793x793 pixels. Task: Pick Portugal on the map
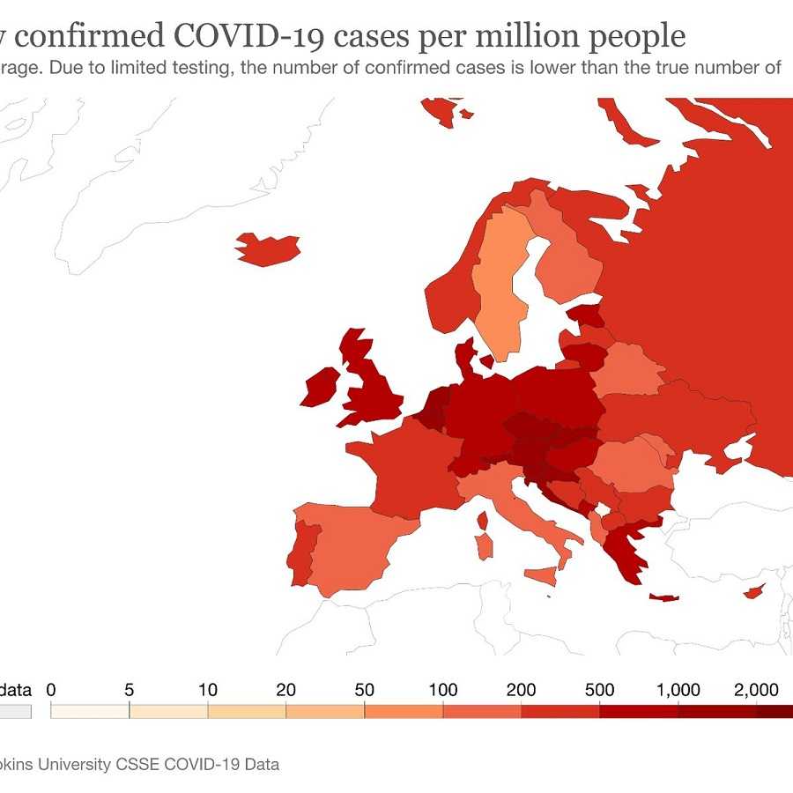(x=301, y=553)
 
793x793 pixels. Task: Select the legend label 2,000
(x=756, y=690)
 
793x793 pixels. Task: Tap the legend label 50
(x=364, y=690)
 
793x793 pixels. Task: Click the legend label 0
(x=51, y=690)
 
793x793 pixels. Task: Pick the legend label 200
(x=521, y=690)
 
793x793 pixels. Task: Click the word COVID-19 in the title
(x=248, y=36)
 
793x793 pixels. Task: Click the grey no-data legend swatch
(x=15, y=711)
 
